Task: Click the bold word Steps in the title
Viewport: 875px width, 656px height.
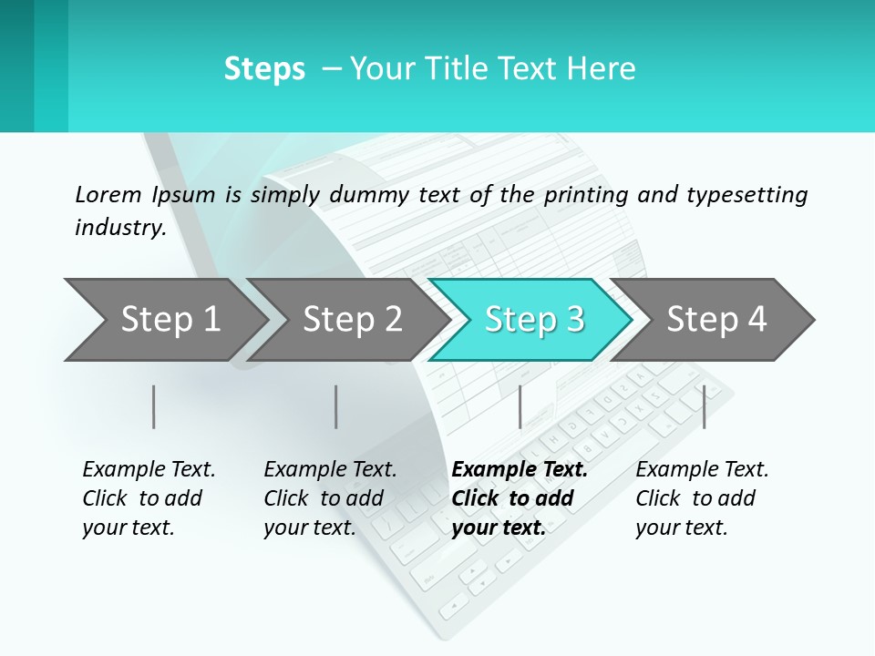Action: pos(264,69)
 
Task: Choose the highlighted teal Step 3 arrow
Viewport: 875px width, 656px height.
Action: pos(534,320)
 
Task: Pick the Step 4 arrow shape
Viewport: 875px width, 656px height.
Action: pos(716,320)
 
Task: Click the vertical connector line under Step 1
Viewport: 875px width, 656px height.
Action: pos(154,406)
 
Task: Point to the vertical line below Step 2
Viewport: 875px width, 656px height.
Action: pos(336,406)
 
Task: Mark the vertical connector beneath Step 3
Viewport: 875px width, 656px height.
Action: pos(520,406)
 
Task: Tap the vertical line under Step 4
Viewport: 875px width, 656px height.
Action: pos(704,406)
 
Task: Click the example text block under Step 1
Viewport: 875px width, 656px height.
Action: pos(149,498)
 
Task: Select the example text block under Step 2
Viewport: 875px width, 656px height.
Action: pos(330,498)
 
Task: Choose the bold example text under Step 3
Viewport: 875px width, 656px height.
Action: pos(520,498)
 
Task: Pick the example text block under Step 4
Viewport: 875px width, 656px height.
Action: pos(702,498)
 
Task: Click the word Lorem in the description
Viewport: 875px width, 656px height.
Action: pos(108,194)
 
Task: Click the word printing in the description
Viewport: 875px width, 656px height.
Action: pos(586,194)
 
